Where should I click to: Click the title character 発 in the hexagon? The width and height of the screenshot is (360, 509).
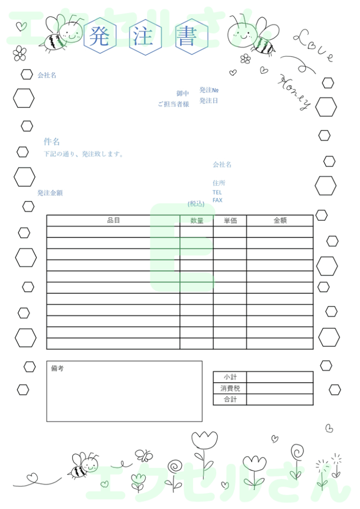tap(99, 37)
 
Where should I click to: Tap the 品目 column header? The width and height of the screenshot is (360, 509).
tap(113, 220)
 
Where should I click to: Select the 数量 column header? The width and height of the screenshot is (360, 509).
tap(197, 220)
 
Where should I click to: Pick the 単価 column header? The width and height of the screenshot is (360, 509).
tap(230, 220)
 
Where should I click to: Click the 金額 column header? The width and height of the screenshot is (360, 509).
tap(280, 220)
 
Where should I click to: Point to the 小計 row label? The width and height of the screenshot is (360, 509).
tap(230, 377)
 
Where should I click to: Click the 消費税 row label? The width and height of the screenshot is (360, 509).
tap(230, 388)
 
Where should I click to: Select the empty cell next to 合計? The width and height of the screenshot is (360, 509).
tap(279, 400)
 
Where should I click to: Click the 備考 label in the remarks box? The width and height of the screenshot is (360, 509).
tap(57, 369)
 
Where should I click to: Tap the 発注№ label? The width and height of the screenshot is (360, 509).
tap(209, 90)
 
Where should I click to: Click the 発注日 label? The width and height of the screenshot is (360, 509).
tap(209, 101)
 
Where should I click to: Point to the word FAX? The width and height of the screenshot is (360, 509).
tap(217, 200)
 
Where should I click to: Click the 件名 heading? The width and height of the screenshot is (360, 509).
tap(52, 142)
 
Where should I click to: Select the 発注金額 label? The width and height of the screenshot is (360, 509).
tap(50, 193)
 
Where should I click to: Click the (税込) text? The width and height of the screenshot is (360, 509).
tap(196, 204)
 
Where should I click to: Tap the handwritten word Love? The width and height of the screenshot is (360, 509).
tap(313, 46)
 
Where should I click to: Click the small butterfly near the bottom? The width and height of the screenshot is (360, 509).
tap(144, 455)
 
